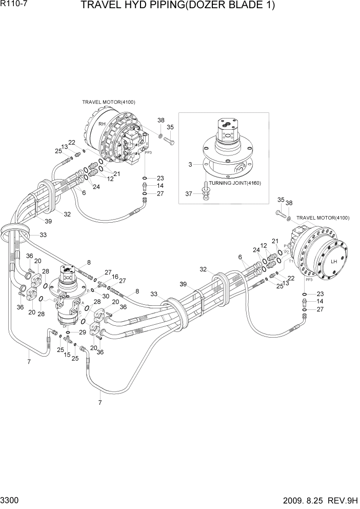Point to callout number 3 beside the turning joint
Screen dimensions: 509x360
190,164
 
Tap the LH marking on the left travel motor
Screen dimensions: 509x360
334,261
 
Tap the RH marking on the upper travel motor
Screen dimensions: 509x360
102,125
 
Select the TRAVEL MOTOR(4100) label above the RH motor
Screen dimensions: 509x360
109,102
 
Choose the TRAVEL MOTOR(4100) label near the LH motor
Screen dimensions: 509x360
323,218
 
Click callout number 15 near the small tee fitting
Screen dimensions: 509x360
67,355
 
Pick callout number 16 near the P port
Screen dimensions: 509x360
115,276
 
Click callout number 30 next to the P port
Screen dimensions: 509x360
105,296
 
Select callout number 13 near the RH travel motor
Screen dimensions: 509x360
65,147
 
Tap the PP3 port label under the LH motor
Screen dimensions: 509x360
309,280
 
